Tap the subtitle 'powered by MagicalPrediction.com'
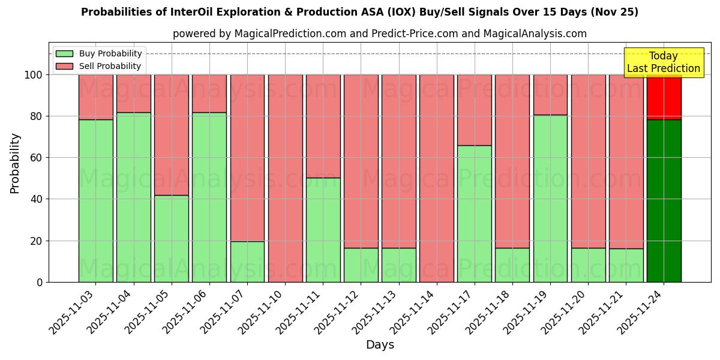coord(379,34)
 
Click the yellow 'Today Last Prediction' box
coord(663,62)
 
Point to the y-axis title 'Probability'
coord(15,163)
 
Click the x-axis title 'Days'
coord(380,344)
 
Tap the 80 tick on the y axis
coord(37,116)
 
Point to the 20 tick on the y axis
coord(37,241)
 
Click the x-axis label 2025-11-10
coord(263,311)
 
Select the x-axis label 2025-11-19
coord(528,311)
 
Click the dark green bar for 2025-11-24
coord(664,201)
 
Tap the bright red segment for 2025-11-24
coord(664,97)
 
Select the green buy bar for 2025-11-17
coord(474,214)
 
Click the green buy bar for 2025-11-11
coord(323,230)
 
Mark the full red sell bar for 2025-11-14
coord(436,178)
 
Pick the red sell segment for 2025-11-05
coord(172,134)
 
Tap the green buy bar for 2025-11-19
coord(550,198)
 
